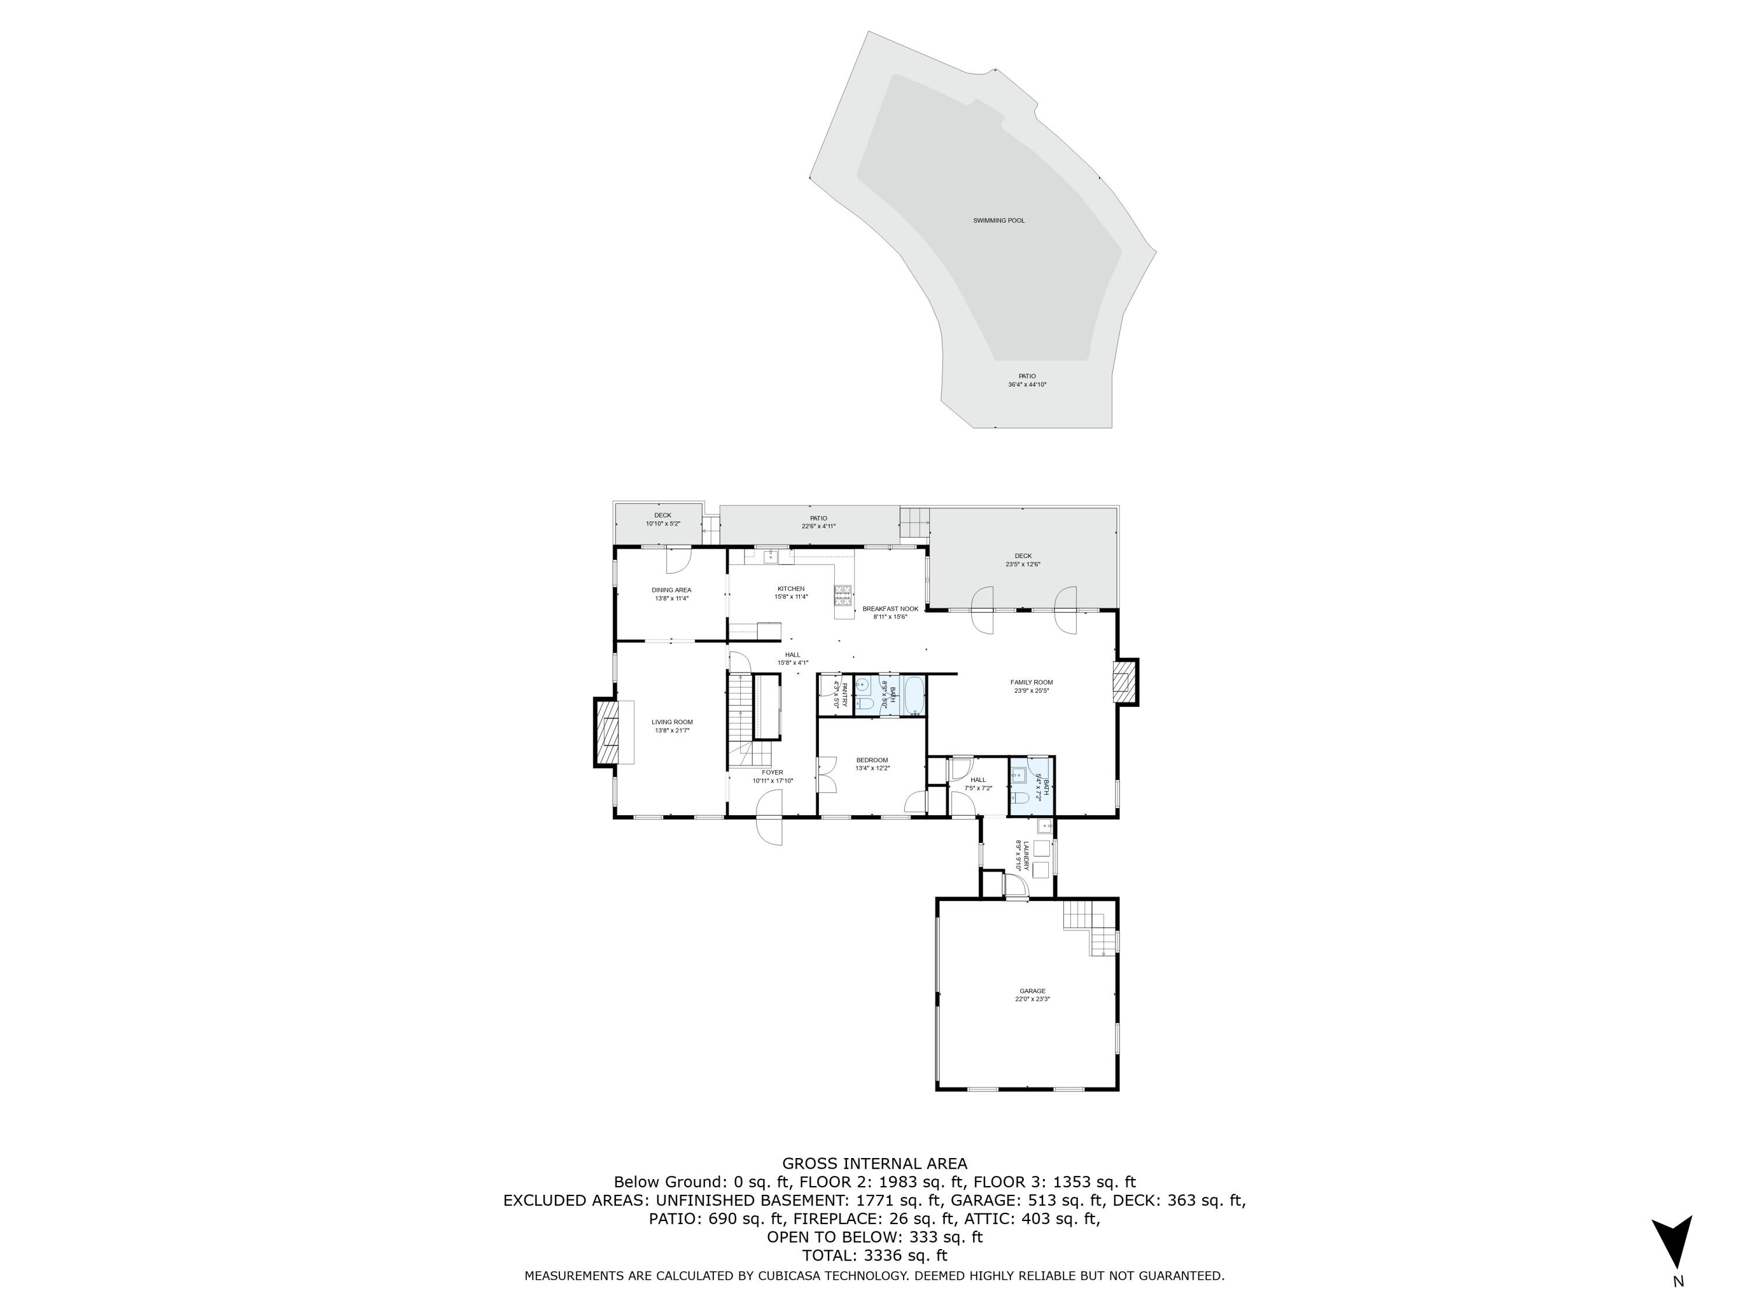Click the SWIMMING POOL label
(999, 220)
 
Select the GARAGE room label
(1032, 991)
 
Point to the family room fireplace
(1123, 681)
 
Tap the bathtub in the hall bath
(913, 696)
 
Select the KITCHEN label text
(790, 588)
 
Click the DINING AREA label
(671, 590)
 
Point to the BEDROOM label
(872, 760)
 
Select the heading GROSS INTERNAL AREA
(874, 1163)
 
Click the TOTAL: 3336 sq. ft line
(874, 1255)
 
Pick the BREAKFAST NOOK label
(890, 609)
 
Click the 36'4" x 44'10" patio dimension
(1027, 385)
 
